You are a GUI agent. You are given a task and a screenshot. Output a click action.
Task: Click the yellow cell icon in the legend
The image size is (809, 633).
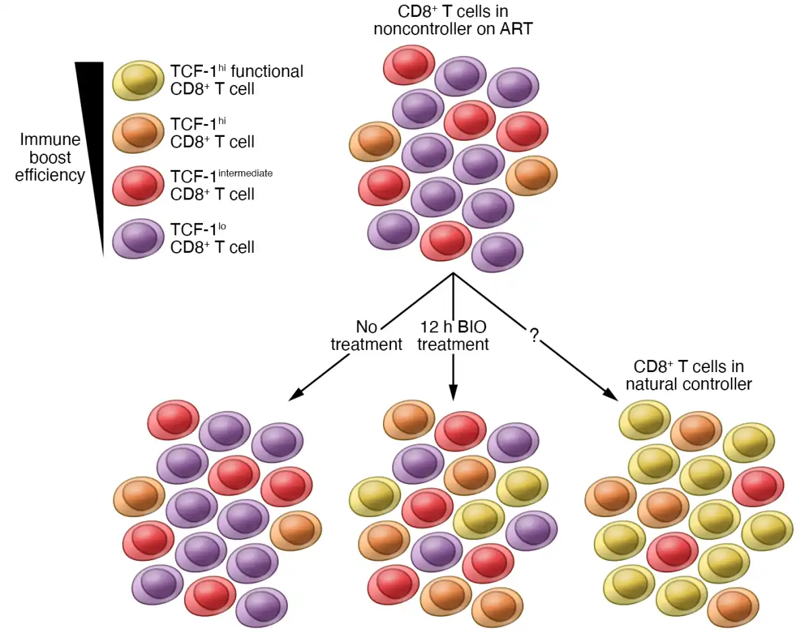click(138, 80)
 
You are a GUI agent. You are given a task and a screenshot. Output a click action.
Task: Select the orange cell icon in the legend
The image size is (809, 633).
click(138, 133)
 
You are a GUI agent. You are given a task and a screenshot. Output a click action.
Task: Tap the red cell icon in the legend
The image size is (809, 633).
click(138, 185)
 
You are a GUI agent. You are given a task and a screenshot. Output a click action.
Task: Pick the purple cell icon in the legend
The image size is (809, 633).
click(138, 239)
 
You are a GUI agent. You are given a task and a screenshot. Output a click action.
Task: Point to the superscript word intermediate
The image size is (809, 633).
click(245, 173)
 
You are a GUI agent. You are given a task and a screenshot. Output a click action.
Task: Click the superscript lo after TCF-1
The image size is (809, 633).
click(222, 227)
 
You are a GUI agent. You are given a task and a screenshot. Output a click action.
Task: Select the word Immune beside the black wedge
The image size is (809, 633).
click(50, 140)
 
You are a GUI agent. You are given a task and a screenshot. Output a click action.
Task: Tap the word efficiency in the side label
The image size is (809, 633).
click(50, 175)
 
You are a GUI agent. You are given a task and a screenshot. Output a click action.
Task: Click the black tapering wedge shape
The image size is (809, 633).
click(92, 135)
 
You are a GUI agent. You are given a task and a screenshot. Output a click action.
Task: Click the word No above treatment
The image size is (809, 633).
click(366, 327)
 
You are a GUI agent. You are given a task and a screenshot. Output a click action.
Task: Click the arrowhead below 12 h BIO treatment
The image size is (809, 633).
click(453, 394)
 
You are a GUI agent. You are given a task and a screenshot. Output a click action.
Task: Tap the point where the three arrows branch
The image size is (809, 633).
click(453, 274)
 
